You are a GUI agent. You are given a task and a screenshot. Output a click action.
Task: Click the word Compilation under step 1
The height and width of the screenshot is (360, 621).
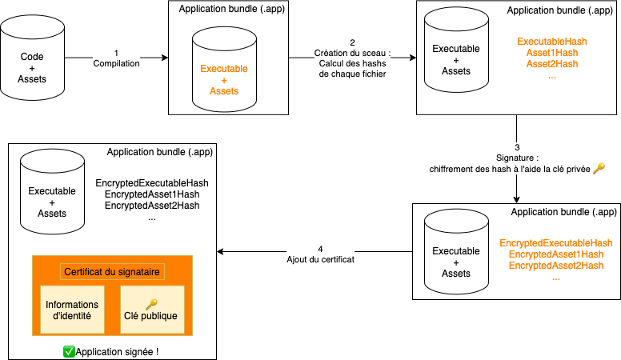click(116, 63)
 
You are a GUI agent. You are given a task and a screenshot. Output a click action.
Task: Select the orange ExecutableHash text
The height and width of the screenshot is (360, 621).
click(552, 41)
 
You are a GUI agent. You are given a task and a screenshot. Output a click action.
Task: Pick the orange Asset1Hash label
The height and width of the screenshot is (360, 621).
click(552, 52)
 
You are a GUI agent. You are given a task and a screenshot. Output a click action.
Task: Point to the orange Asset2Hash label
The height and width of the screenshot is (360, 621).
click(552, 63)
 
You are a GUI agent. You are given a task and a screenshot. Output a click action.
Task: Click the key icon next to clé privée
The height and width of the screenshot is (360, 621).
click(599, 169)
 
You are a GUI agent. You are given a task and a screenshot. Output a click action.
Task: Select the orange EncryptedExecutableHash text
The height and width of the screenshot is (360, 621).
click(555, 243)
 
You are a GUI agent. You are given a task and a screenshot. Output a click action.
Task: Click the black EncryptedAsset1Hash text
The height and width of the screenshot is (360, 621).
click(151, 194)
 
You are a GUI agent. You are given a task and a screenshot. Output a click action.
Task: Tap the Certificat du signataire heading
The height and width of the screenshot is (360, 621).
click(112, 272)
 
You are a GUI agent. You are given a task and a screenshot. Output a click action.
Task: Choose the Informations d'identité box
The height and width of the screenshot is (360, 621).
click(72, 310)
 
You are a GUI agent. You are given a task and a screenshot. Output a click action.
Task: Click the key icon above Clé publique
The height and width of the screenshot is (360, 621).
click(152, 303)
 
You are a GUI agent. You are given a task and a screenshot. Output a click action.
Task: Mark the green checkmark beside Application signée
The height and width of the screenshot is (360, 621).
click(68, 351)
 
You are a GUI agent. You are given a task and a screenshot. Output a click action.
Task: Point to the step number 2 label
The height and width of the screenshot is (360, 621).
click(352, 42)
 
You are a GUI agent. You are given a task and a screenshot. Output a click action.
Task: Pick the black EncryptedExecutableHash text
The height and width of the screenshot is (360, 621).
click(151, 183)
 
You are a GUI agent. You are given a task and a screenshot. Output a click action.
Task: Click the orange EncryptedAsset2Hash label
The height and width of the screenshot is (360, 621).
click(555, 266)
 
